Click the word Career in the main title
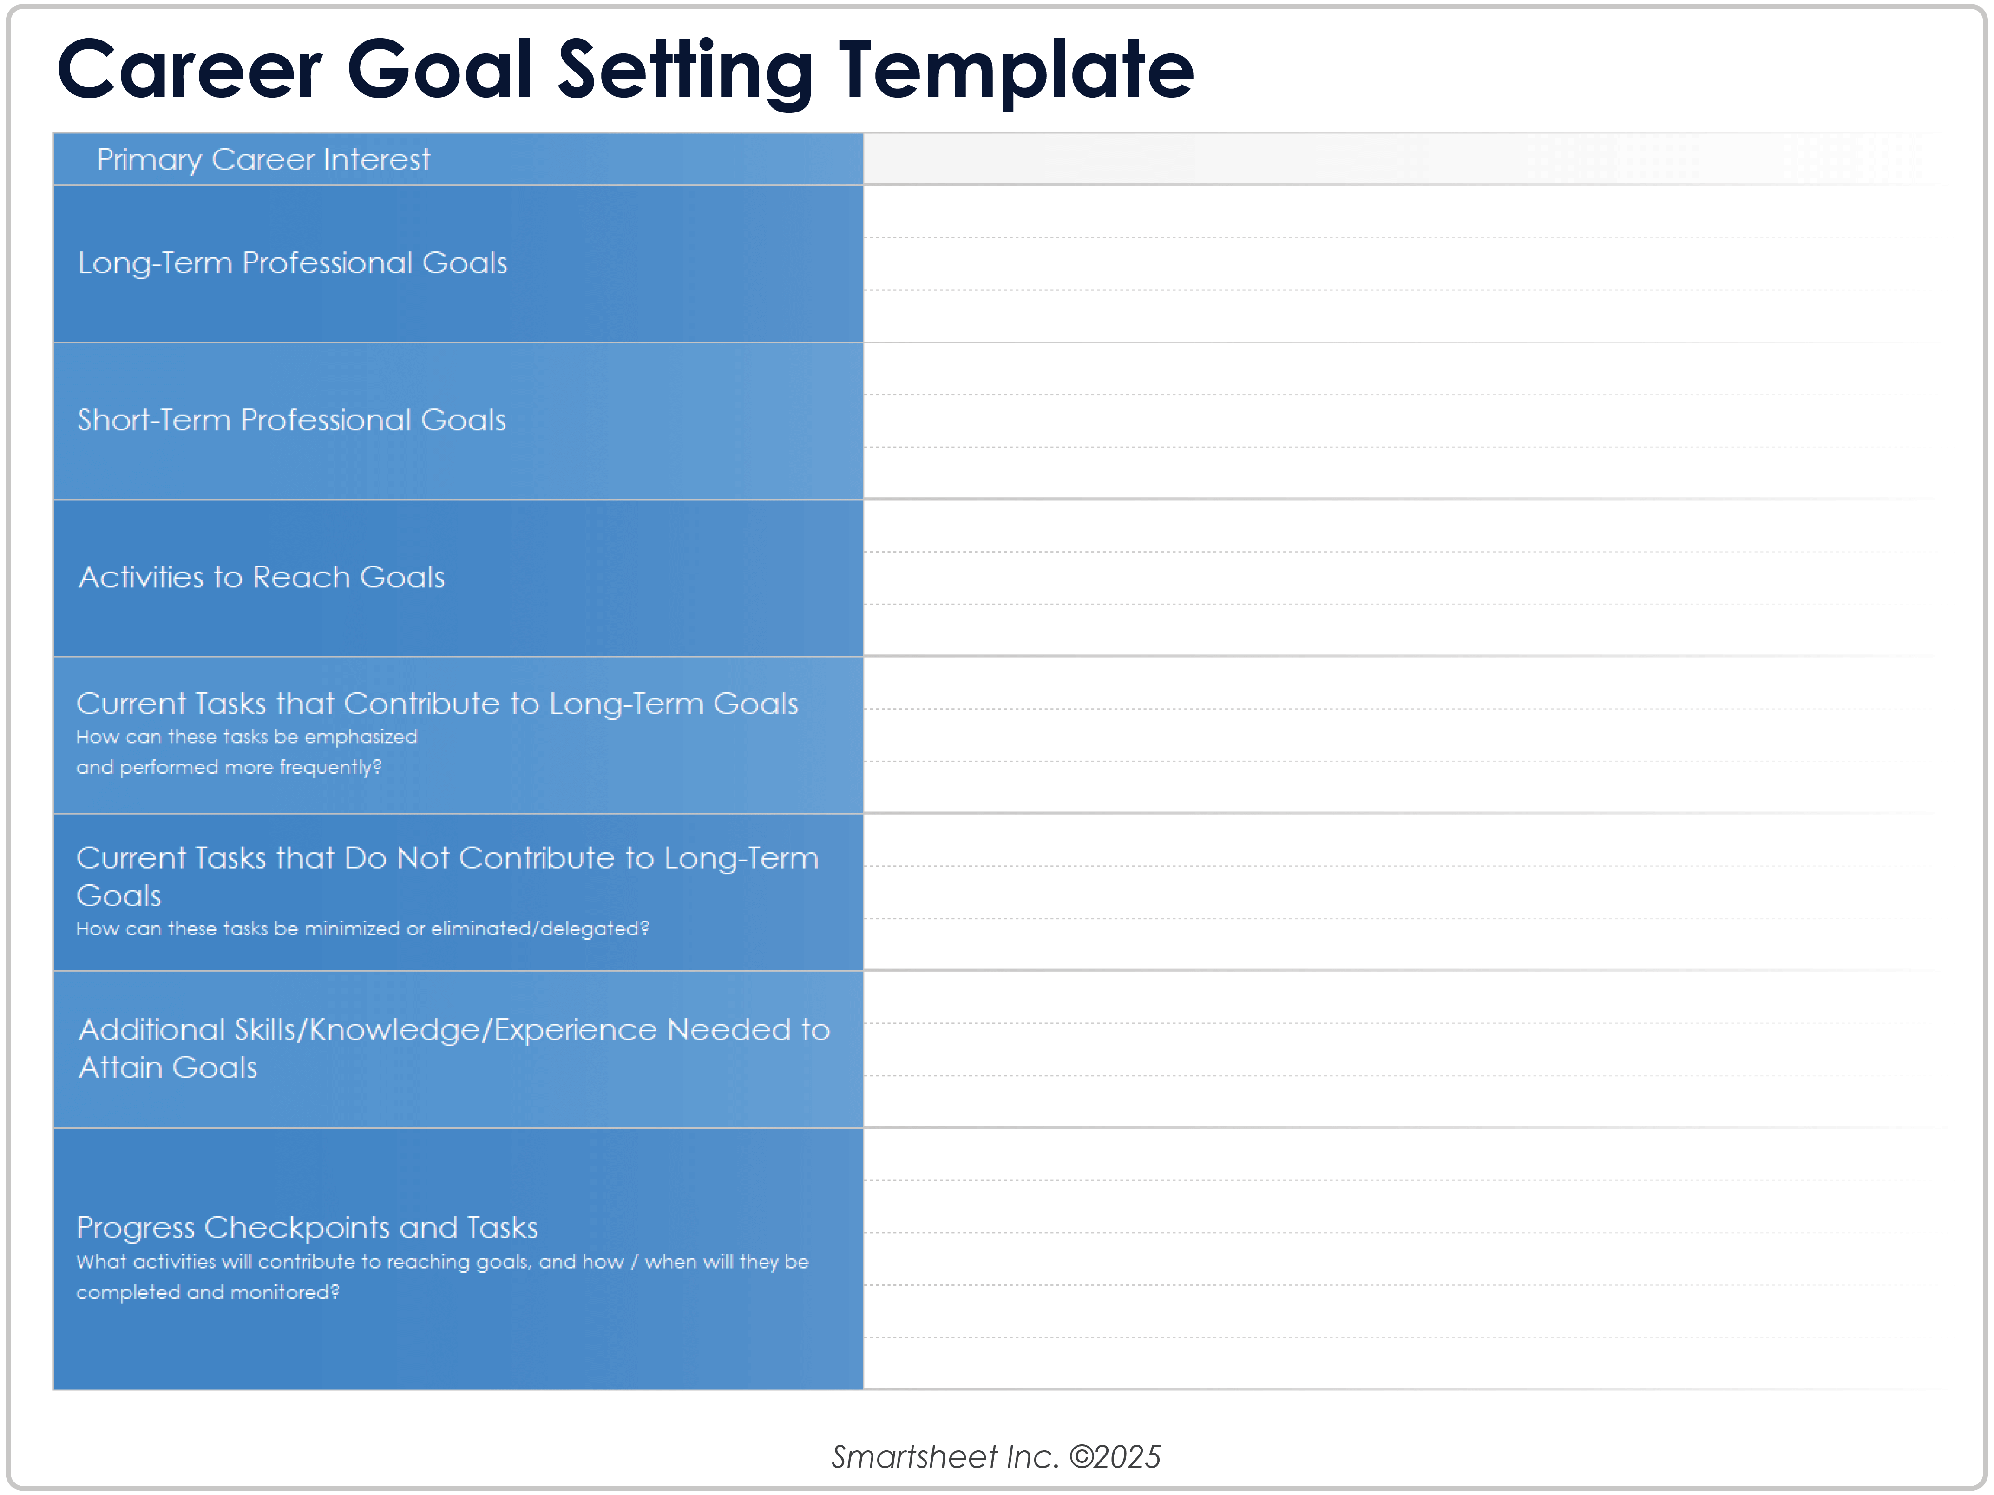189,70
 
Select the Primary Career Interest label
263,159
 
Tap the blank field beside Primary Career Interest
1402,159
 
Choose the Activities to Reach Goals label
262,577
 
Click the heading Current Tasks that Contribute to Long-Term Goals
437,703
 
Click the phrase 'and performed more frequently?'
229,767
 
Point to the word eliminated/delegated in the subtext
540,929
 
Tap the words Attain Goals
168,1067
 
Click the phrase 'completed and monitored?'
207,1292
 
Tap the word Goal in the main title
441,70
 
